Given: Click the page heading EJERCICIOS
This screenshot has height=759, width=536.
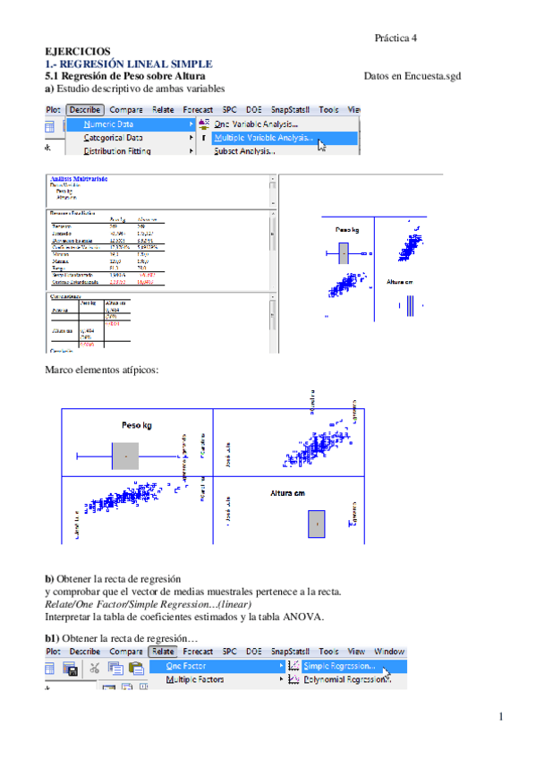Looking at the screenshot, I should (78, 53).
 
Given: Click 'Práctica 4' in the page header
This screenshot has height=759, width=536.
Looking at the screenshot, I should (396, 38).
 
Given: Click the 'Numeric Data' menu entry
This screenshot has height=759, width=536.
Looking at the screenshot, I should (109, 124).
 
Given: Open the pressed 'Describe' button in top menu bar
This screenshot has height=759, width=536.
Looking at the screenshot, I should (85, 109).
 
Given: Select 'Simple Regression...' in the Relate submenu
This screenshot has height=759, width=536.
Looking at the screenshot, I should (339, 666).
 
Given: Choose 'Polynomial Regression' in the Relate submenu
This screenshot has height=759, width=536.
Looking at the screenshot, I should (345, 680).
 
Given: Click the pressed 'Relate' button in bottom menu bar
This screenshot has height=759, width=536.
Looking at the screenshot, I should (163, 652).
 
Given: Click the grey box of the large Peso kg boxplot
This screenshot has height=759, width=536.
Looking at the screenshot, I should (125, 456).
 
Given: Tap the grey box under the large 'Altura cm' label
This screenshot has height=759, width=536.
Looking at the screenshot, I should (316, 524).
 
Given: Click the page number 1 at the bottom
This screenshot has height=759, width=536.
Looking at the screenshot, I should (502, 717).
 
